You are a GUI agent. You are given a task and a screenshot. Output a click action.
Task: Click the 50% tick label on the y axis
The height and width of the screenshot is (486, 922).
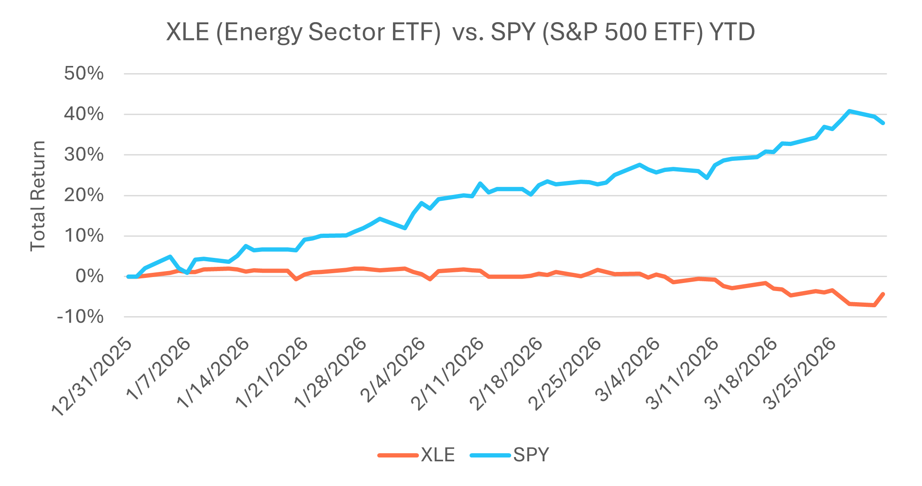[x=84, y=74]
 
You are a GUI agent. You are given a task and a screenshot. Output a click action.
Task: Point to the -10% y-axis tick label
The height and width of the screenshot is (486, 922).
[x=80, y=317]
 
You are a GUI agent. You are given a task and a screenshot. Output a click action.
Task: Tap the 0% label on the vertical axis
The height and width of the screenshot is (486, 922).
[x=89, y=276]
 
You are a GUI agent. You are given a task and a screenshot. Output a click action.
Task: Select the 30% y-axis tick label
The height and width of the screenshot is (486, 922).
[x=84, y=155]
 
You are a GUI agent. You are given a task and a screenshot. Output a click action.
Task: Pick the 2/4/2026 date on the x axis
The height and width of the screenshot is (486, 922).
[x=392, y=371]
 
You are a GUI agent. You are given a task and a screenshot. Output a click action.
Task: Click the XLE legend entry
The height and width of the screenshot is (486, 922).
[x=438, y=455]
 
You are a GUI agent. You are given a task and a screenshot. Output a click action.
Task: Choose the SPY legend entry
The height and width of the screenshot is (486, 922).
[x=531, y=455]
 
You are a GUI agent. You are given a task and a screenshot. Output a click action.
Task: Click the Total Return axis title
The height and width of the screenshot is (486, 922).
[x=38, y=196]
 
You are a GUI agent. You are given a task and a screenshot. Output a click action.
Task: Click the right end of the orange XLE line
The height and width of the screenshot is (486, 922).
[x=883, y=294]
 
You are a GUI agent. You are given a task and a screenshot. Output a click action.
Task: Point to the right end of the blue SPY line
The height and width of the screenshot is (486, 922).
[x=883, y=123]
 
